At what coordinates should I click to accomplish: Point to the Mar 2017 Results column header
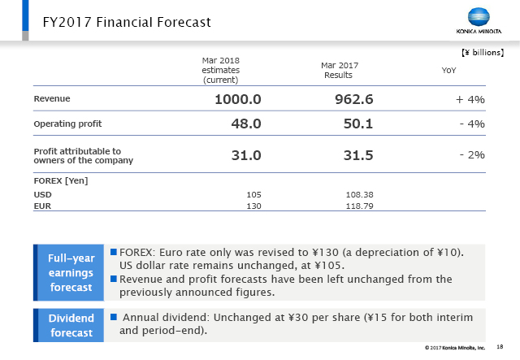(x=340, y=69)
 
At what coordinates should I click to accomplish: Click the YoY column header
(x=448, y=71)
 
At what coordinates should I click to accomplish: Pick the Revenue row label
(x=52, y=98)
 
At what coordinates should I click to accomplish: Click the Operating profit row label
(x=68, y=124)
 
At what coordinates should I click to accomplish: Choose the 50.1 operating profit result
(x=358, y=124)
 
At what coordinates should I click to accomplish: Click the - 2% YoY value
(x=472, y=154)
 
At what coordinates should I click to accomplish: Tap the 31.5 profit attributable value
(x=358, y=155)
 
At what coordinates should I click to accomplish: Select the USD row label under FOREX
(x=42, y=195)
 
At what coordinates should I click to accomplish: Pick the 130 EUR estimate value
(x=253, y=206)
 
